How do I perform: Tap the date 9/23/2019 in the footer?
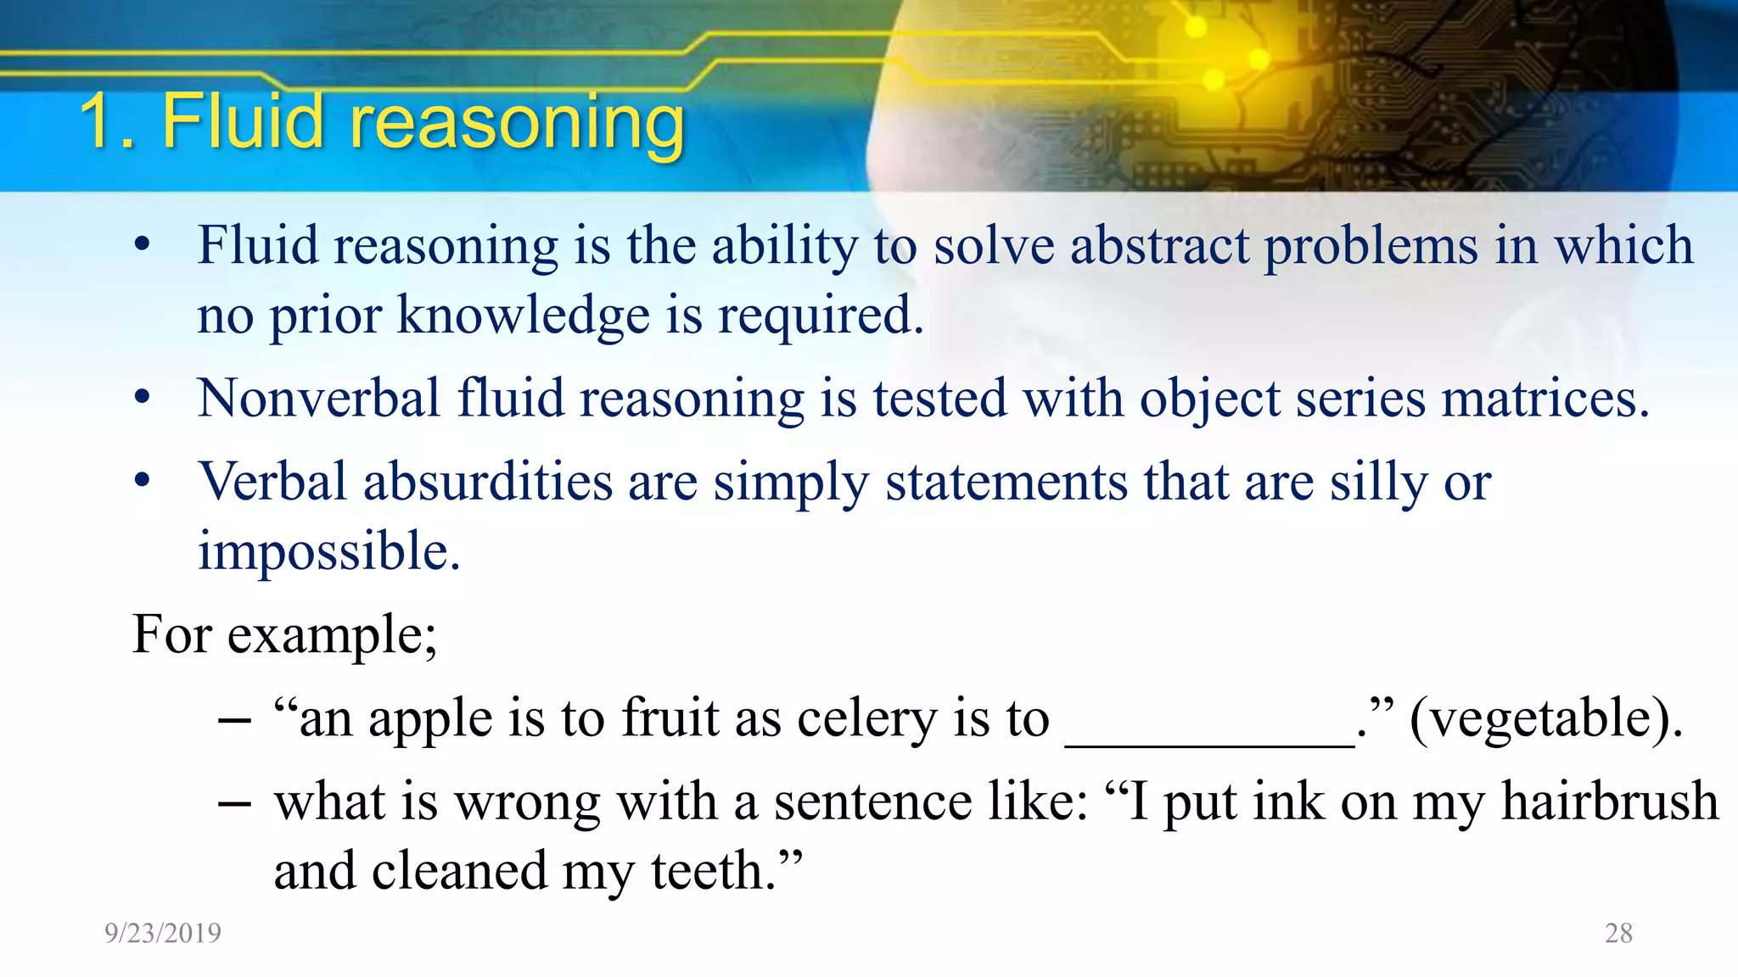(163, 933)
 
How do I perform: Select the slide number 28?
(1618, 933)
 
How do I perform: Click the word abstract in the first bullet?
(1159, 246)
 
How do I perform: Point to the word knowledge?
(524, 315)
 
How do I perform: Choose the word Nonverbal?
(319, 399)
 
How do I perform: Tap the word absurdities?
(488, 483)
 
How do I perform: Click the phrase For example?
(285, 634)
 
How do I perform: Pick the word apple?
(430, 720)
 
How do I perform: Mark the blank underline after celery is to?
(1208, 742)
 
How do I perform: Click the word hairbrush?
(1609, 801)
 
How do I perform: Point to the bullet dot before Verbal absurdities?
(142, 481)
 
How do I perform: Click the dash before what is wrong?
(234, 802)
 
